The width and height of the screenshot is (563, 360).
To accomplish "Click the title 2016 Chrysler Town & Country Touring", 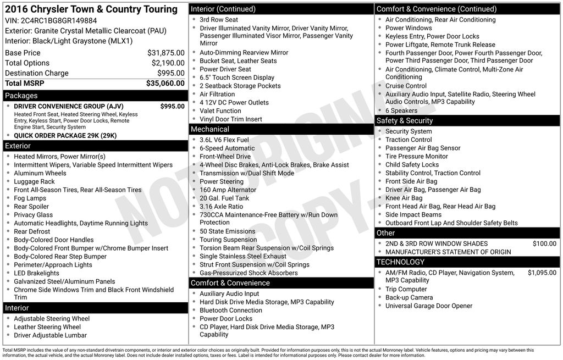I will (x=91, y=9).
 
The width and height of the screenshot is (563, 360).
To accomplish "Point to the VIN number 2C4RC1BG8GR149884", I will (x=51, y=20).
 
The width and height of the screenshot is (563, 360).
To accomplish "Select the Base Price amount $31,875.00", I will (x=166, y=53).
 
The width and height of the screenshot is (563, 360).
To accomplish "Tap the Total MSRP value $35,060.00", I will (x=165, y=83).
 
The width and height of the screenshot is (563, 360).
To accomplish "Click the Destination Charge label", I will (x=37, y=73).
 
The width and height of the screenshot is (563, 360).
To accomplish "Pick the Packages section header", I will (x=21, y=96).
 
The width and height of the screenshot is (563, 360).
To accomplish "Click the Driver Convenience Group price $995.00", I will (x=173, y=106).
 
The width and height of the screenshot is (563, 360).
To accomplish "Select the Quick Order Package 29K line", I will (x=65, y=135).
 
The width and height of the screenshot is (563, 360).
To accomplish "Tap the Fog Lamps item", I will (x=30, y=198).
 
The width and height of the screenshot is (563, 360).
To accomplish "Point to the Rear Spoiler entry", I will (x=31, y=207).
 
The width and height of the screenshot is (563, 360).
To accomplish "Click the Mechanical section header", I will (x=209, y=129).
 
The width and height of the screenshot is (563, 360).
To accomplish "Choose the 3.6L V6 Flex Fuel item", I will (x=224, y=140).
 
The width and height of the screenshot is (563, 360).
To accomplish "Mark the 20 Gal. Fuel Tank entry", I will (x=224, y=198).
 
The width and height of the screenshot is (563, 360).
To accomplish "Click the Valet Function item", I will (x=220, y=110).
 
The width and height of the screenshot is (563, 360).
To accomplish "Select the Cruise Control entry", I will (x=406, y=86).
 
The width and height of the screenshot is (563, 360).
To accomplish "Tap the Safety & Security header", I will (x=405, y=120).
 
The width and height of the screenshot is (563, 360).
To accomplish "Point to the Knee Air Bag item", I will (x=404, y=198).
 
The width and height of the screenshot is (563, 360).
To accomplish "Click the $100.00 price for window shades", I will (x=544, y=243).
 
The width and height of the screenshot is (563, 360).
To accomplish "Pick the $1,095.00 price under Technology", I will (x=542, y=273).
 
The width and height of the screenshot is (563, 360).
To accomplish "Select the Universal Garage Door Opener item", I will (x=429, y=306).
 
